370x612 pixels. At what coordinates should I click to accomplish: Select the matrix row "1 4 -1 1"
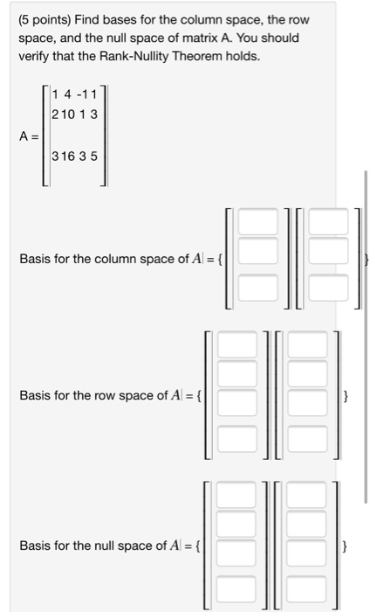(75, 94)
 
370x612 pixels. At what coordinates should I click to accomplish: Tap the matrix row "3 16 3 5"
(75, 157)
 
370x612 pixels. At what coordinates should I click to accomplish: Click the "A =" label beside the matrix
(29, 136)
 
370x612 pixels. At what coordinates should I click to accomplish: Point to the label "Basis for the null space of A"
(102, 546)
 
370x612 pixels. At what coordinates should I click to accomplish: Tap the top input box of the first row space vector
(236, 346)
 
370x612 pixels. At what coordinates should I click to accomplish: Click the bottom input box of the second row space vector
(306, 439)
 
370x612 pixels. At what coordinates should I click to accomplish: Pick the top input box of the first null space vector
(236, 496)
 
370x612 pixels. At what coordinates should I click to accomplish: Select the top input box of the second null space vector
(306, 496)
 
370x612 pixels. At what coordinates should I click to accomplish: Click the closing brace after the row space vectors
(346, 397)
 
